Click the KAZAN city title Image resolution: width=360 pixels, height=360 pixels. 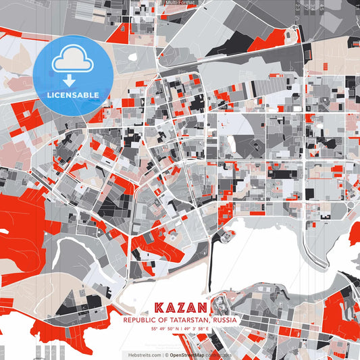click(180, 308)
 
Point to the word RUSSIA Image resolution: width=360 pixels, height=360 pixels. click(224, 319)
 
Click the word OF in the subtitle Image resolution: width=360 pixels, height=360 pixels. click(161, 319)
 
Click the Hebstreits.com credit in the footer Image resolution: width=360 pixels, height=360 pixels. click(143, 354)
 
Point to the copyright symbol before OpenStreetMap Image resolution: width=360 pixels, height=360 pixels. click(165, 354)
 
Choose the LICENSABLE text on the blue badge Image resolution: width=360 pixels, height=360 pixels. click(73, 95)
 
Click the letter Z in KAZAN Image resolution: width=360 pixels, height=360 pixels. click(180, 308)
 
